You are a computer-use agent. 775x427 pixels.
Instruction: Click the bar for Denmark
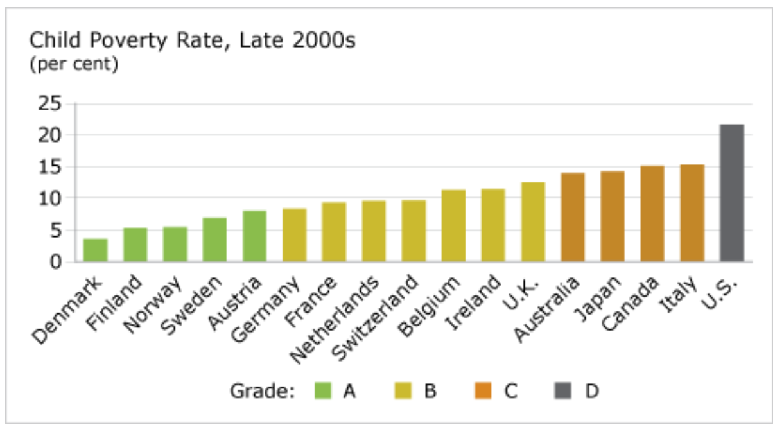(96, 250)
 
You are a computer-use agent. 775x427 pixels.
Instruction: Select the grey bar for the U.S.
(731, 193)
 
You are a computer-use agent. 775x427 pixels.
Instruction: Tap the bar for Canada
(652, 214)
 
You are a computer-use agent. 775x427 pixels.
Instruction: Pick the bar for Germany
(294, 235)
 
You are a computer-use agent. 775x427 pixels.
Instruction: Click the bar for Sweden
(214, 240)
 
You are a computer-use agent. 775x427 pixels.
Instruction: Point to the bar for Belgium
(453, 226)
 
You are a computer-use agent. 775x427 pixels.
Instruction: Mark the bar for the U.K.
(533, 222)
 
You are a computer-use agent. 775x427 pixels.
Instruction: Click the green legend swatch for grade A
(323, 390)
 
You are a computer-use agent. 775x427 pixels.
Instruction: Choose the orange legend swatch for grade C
(482, 390)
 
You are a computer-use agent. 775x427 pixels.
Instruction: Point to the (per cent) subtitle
(74, 65)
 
